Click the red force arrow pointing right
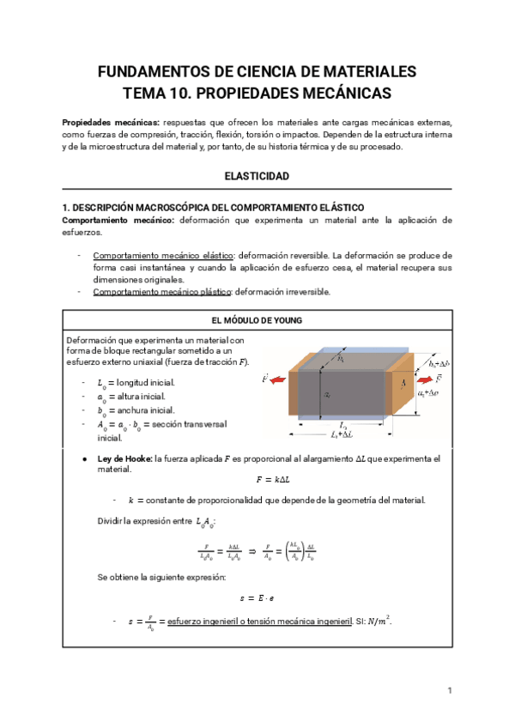(424, 377)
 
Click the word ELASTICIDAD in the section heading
(257, 176)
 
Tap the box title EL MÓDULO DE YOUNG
(257, 321)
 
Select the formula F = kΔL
(257, 480)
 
